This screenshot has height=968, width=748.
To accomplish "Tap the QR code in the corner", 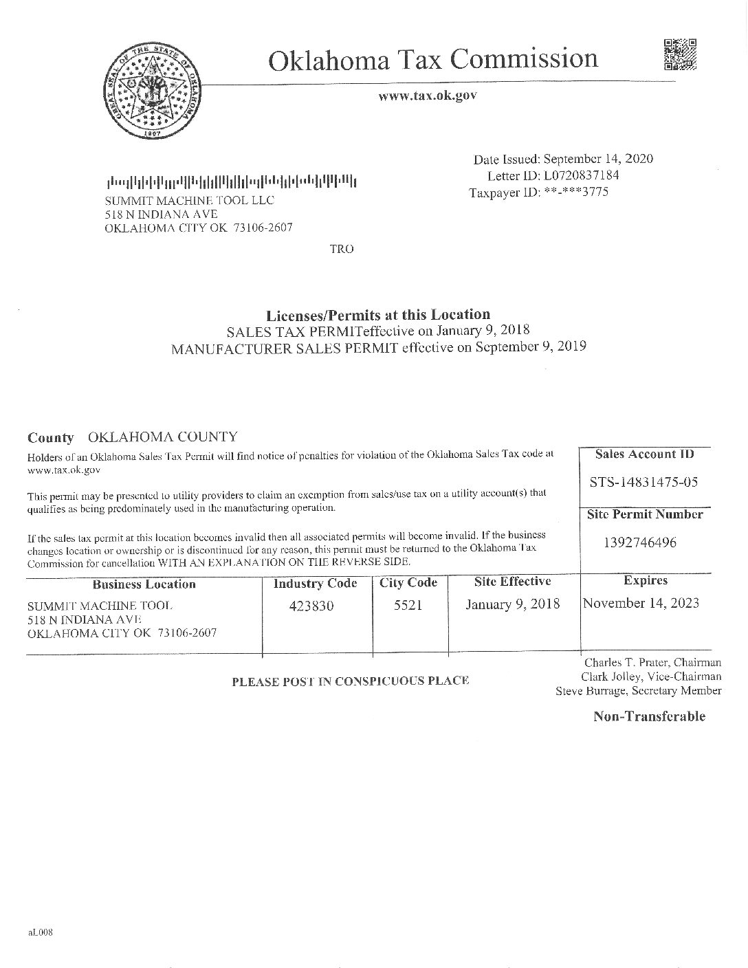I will coord(680,56).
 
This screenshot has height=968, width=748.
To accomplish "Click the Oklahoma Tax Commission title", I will coord(432,60).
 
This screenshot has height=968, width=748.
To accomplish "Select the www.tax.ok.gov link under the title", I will coord(427,96).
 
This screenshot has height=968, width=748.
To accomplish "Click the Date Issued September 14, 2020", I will coord(563,159).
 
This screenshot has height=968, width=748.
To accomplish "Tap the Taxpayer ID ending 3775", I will coord(538,192).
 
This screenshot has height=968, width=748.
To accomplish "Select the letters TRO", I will coord(342,249).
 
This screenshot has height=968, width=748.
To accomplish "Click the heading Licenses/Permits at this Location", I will coord(378,315).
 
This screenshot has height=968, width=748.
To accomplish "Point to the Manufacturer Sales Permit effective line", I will coord(378,347).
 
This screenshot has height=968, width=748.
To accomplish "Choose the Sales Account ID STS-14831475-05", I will coord(644,482).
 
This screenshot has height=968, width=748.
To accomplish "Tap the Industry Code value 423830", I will coord(313,606).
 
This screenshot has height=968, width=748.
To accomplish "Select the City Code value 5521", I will coord(408,606).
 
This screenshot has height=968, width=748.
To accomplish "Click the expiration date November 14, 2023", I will coord(641,604).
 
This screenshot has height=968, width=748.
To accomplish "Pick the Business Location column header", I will coord(144,584).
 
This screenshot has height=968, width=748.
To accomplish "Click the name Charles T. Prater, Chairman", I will coord(652,663).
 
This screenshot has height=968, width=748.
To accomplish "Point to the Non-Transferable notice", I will coord(649,716).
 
